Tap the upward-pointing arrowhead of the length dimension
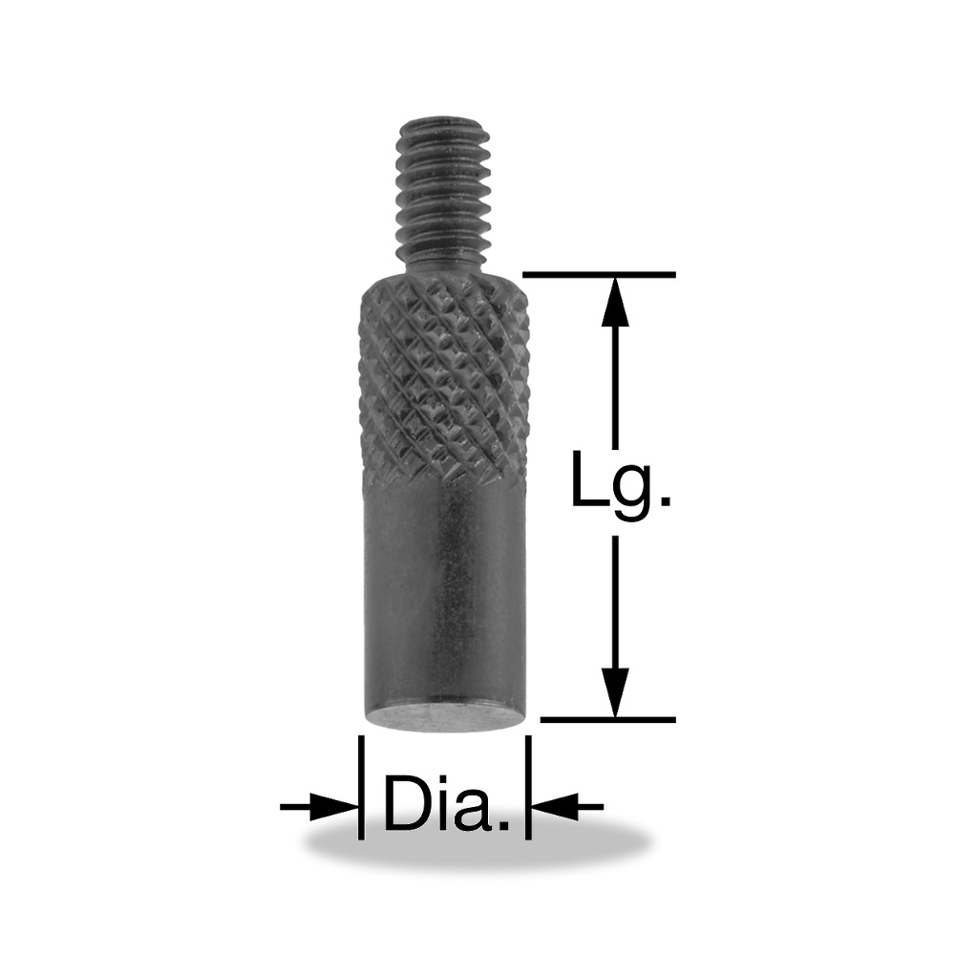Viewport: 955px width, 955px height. pos(615,302)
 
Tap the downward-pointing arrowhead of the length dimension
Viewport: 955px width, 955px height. pos(615,691)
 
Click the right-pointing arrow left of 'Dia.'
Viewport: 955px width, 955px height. pos(319,807)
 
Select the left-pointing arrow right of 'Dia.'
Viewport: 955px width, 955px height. pos(567,807)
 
